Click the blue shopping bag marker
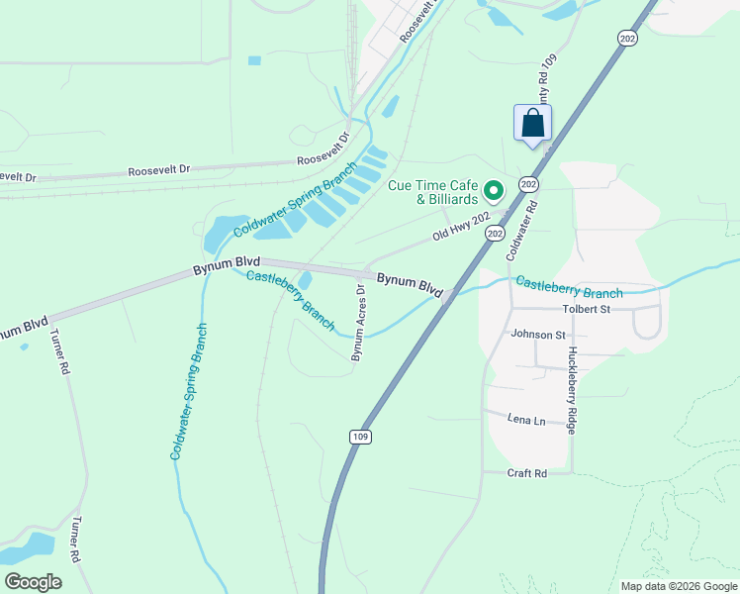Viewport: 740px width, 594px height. click(x=532, y=125)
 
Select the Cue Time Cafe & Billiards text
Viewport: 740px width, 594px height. click(x=433, y=192)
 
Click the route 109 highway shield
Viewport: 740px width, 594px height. click(x=360, y=436)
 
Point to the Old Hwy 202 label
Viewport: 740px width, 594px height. click(x=461, y=231)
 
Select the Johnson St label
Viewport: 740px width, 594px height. click(x=537, y=335)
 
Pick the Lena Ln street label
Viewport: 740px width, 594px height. click(x=526, y=421)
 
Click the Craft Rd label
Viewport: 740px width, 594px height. click(x=527, y=473)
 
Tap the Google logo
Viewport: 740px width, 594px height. click(x=33, y=582)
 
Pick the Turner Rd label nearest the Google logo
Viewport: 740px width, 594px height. click(x=73, y=539)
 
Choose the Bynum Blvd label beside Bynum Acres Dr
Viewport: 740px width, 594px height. click(x=409, y=284)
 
